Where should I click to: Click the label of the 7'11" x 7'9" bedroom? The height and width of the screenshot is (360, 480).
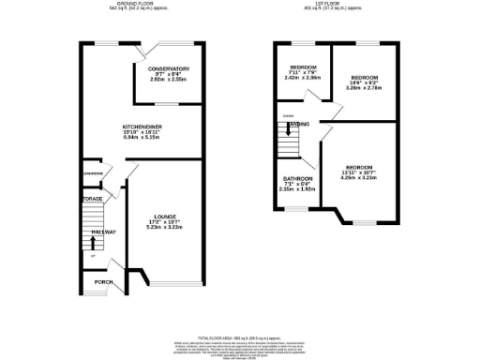303,67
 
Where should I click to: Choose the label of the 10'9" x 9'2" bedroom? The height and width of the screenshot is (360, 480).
365,77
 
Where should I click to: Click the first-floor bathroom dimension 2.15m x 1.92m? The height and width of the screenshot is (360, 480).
299,190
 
